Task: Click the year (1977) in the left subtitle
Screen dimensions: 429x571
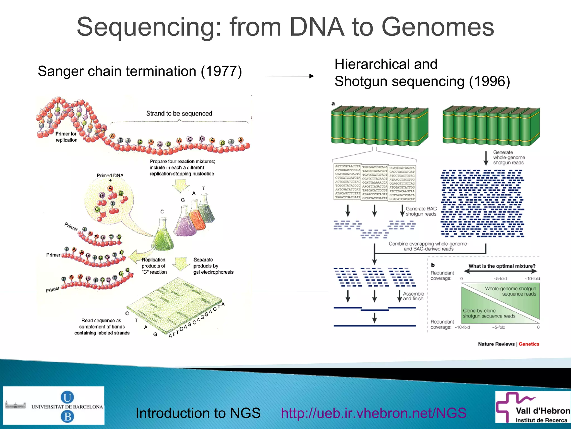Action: click(x=221, y=71)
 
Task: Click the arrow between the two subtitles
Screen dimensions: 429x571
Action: click(x=290, y=76)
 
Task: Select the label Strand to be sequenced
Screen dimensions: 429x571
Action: click(x=179, y=113)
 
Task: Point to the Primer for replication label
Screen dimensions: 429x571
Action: click(x=66, y=137)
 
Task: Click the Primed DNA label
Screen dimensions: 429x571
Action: click(x=110, y=176)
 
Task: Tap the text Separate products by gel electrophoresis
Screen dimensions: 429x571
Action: click(x=213, y=266)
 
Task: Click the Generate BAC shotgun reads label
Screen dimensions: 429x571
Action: click(x=421, y=211)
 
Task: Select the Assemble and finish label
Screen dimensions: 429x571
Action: click(x=413, y=296)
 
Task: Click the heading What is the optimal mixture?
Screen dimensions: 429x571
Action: click(x=502, y=266)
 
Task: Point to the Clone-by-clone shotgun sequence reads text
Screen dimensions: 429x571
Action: click(x=489, y=313)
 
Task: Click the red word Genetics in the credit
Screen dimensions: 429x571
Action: click(x=529, y=344)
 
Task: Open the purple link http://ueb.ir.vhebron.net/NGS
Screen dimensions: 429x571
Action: click(x=373, y=413)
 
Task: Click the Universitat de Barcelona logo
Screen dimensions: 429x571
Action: click(x=54, y=406)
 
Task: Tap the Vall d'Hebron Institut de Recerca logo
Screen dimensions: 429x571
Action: click(x=533, y=407)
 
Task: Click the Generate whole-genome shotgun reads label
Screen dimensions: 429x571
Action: click(x=509, y=157)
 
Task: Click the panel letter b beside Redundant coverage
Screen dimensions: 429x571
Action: click(x=433, y=265)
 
